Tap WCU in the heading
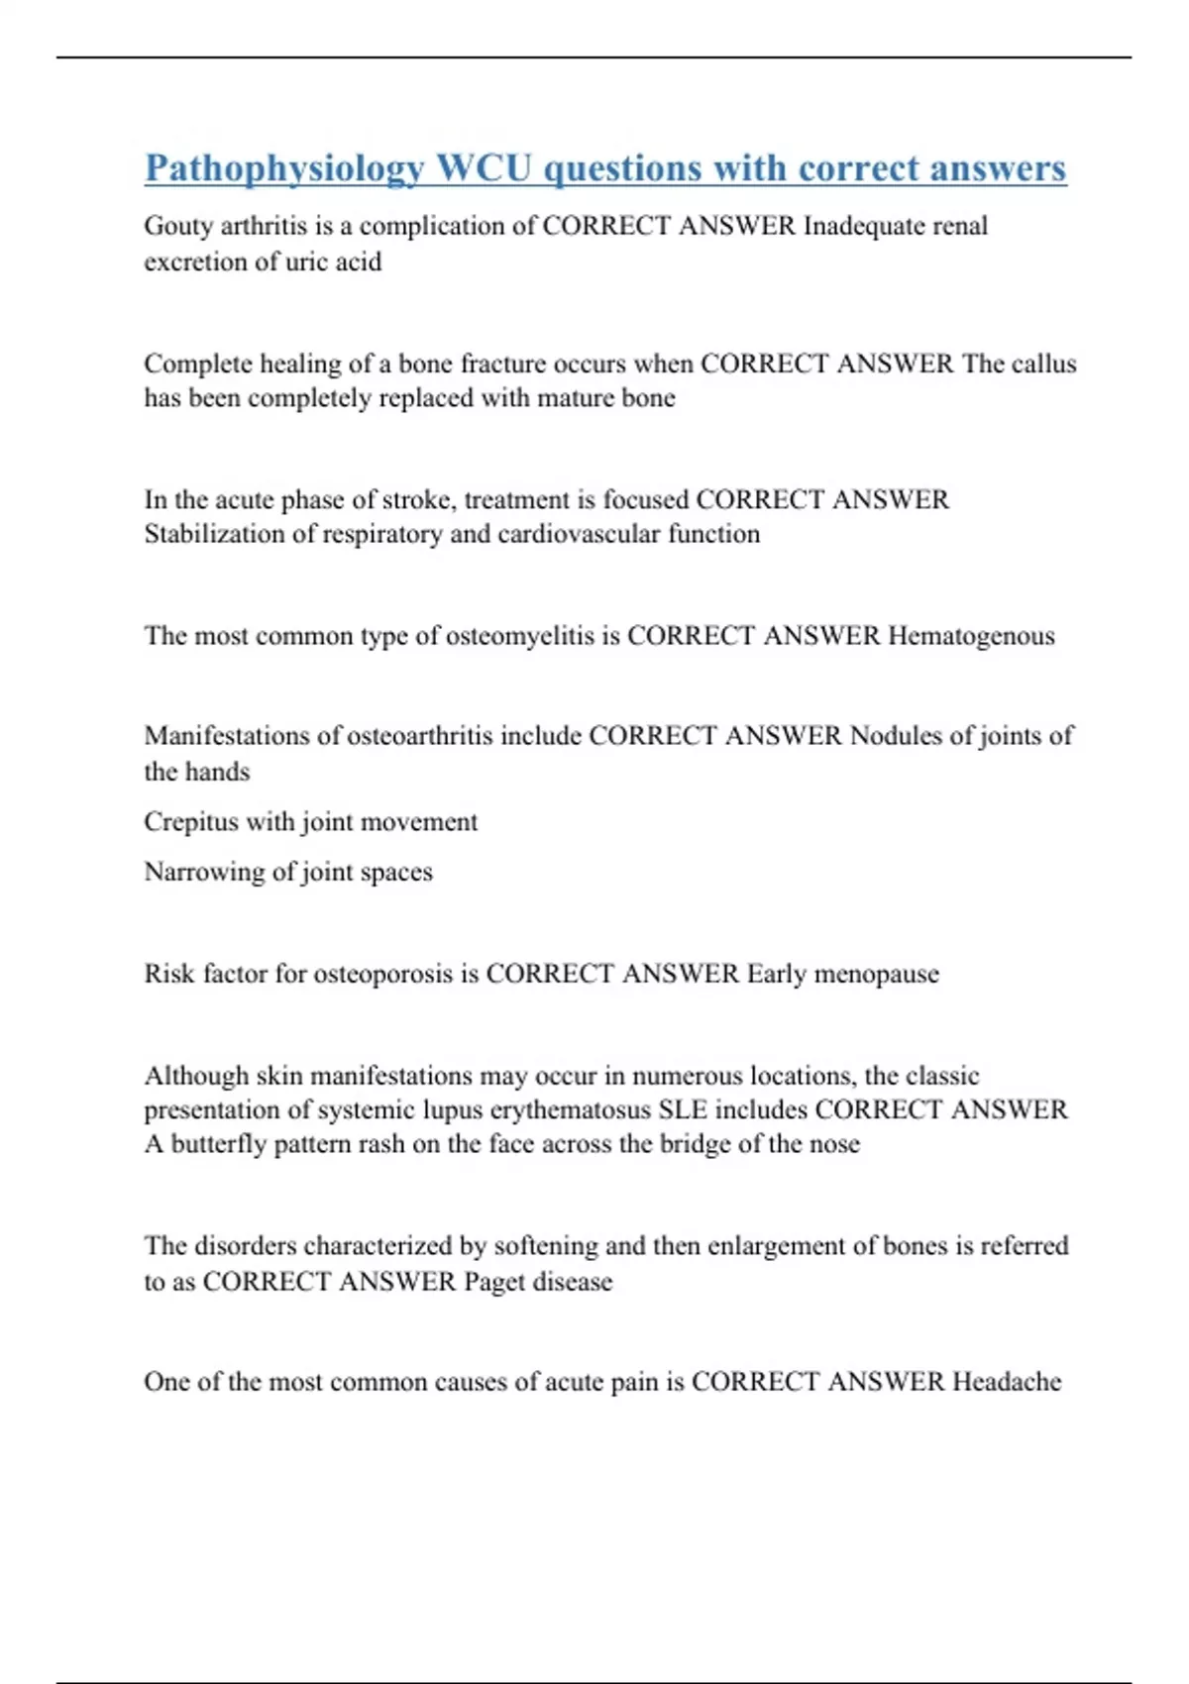pos(485,168)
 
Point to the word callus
pos(1043,364)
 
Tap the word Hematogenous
pos(971,636)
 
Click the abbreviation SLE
pos(683,1109)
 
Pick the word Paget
pos(494,1282)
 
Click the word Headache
pos(1007,1382)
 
